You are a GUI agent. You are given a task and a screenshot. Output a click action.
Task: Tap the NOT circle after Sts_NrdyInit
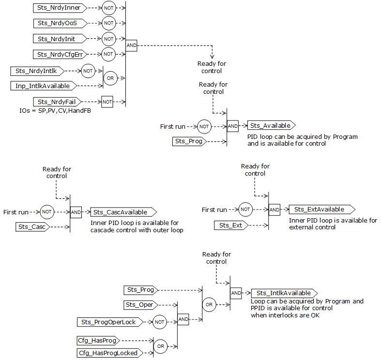[x=109, y=39]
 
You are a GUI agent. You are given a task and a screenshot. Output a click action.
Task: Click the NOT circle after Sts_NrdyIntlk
[x=88, y=71]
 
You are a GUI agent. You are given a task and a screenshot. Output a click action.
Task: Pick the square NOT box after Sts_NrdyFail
[x=107, y=102]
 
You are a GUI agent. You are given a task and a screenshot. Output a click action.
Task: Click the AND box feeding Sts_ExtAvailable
[x=274, y=210]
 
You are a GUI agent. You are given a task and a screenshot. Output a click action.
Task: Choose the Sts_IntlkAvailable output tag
[x=284, y=293]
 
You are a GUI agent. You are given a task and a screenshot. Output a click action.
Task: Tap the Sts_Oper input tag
[x=140, y=304]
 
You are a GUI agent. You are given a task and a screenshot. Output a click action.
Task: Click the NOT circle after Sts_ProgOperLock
[x=160, y=322]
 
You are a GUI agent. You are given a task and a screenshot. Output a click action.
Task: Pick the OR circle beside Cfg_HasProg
[x=160, y=346]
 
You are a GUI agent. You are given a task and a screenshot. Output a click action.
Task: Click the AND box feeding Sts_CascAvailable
[x=76, y=212]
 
